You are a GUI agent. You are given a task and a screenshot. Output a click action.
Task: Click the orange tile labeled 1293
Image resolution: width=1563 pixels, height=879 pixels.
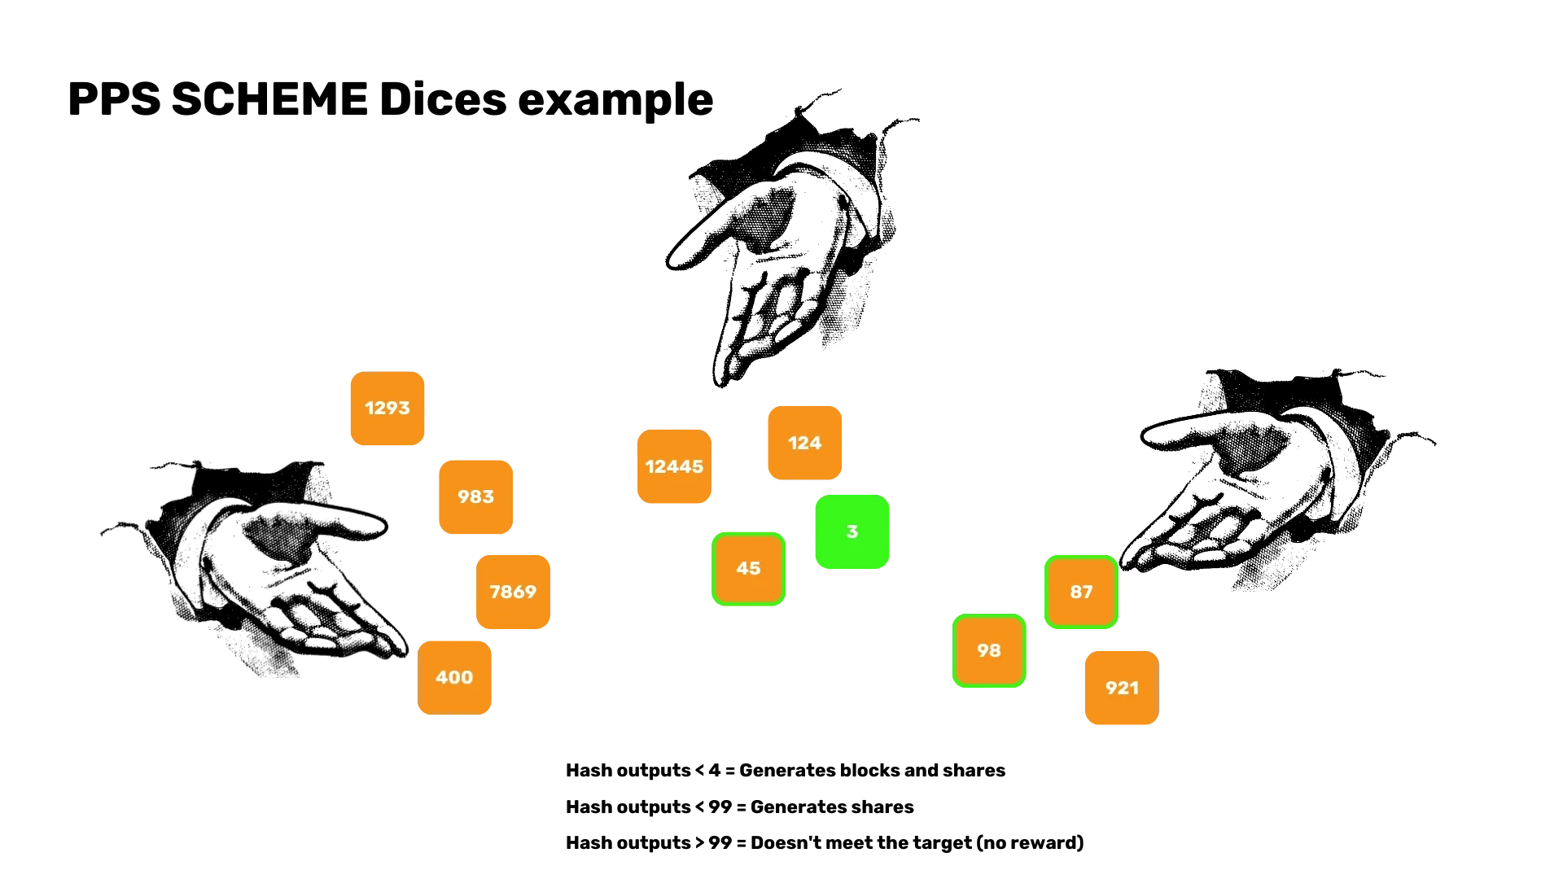pyautogui.click(x=387, y=409)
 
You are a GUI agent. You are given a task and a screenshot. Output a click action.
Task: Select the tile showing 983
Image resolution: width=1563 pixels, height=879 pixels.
pyautogui.click(x=475, y=497)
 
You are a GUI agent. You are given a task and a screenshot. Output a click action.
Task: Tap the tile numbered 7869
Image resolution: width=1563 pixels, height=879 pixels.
pyautogui.click(x=514, y=593)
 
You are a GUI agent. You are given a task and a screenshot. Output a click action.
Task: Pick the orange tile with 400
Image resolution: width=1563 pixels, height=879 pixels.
pyautogui.click(x=455, y=677)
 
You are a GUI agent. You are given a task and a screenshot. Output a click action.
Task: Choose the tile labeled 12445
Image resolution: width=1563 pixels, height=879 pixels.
pyautogui.click(x=674, y=466)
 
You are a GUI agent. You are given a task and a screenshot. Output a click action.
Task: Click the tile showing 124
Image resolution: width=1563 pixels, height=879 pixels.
pyautogui.click(x=805, y=444)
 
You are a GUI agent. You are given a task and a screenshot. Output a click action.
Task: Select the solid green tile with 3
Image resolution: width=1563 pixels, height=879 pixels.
pyautogui.click(x=852, y=532)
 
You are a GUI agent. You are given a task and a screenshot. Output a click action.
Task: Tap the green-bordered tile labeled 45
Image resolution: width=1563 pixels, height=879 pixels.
pyautogui.click(x=749, y=569)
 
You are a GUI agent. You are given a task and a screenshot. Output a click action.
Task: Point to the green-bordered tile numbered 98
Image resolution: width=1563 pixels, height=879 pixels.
pyautogui.click(x=989, y=651)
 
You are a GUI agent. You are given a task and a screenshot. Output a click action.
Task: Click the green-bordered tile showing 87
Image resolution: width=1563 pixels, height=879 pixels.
pyautogui.click(x=1081, y=593)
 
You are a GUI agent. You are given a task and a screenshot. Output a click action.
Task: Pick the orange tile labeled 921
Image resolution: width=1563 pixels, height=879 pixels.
pyautogui.click(x=1121, y=689)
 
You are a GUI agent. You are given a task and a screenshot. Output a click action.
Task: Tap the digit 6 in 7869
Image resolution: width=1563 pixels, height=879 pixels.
pyautogui.click(x=519, y=593)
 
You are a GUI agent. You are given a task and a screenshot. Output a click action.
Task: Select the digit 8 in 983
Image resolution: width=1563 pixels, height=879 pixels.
pyautogui.click(x=476, y=497)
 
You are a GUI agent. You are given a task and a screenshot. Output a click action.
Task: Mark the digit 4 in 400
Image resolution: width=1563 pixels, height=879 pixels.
pyautogui.click(x=441, y=678)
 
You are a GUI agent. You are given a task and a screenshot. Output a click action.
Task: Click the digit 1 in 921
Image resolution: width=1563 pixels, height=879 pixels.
pyautogui.click(x=1134, y=689)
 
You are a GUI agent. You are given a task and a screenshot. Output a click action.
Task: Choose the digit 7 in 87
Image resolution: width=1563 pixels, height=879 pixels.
pyautogui.click(x=1088, y=593)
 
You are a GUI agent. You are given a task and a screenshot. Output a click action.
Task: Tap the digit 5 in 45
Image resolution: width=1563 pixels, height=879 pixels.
pyautogui.click(x=755, y=569)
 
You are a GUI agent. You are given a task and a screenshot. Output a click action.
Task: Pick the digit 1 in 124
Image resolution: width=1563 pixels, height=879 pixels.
pyautogui.click(x=792, y=444)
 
